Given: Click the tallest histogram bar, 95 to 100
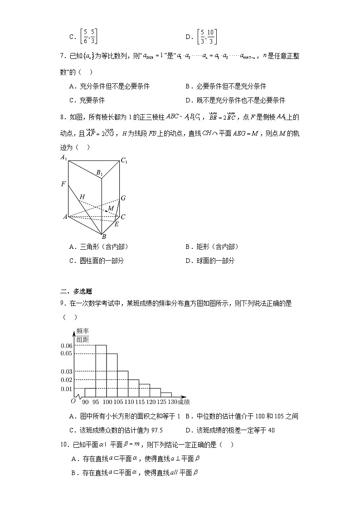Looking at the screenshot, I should click(101, 371).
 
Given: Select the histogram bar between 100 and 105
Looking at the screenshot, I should click(112, 375).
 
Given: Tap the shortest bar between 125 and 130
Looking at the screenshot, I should click(166, 395).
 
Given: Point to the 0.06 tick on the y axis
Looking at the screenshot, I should click(67, 345).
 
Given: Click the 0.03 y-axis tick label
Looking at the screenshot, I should click(67, 372).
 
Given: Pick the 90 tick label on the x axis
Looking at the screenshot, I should click(85, 402).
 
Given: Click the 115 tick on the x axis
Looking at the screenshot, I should click(139, 402).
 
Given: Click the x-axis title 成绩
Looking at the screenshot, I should click(184, 402).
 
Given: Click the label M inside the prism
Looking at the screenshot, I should click(110, 208).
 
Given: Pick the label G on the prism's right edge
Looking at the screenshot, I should click(123, 198).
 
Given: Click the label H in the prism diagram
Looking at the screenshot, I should click(82, 197).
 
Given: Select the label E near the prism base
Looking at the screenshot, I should click(117, 224).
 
